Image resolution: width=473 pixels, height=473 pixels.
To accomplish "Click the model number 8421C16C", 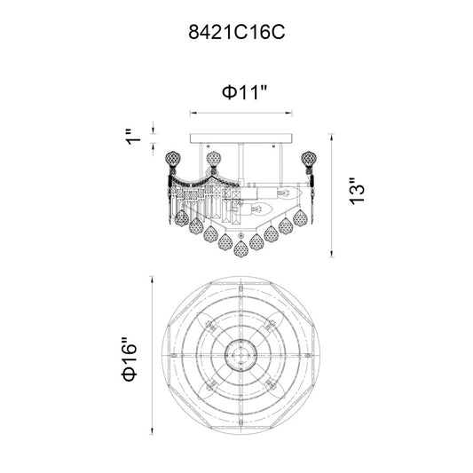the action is point(236,32).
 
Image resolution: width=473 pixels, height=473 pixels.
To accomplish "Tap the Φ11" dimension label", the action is point(245,92).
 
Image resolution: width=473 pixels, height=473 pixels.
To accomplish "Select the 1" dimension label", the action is point(133,138).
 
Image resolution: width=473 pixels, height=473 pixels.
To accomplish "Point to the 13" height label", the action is point(357,192).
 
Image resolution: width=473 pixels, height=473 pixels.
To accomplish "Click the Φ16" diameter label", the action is point(129,359).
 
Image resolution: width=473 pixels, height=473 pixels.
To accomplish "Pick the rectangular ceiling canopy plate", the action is point(241,138).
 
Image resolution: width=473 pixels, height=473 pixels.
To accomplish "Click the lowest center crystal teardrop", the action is point(240,248).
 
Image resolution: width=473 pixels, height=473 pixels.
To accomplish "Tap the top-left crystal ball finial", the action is point(173,158).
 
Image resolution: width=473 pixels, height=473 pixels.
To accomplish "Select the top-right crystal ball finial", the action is point(309,158).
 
